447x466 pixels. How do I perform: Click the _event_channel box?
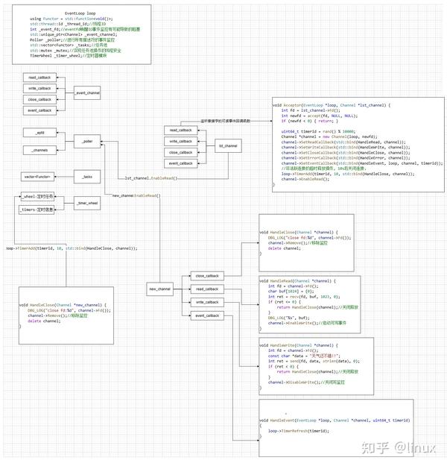coord(88,93)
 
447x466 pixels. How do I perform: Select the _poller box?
coord(88,140)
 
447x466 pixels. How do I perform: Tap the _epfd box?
coord(39,132)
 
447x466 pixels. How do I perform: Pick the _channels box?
coord(39,151)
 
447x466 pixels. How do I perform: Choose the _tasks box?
coord(88,177)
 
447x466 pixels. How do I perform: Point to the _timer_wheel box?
coord(88,203)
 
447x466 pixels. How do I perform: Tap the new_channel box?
coord(160,289)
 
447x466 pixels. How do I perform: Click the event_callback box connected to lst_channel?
coord(180,163)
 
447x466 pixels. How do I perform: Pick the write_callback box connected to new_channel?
coord(206,302)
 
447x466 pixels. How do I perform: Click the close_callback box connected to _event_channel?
coord(39,99)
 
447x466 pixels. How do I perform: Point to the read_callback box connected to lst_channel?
coord(180,130)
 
